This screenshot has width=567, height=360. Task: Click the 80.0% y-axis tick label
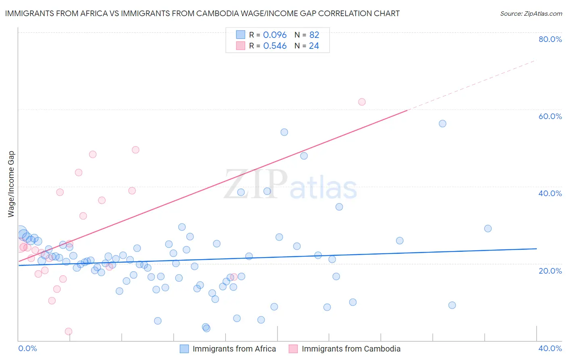pyautogui.click(x=550, y=39)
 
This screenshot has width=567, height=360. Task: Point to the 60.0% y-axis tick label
pyautogui.click(x=550, y=116)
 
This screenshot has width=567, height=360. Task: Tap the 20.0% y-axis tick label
pyautogui.click(x=550, y=271)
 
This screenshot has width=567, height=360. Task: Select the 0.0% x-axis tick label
pyautogui.click(x=28, y=348)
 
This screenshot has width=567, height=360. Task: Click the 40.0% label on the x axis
pyautogui.click(x=550, y=348)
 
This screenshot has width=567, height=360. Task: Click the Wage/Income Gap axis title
pyautogui.click(x=11, y=184)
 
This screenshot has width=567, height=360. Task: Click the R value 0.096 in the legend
pyautogui.click(x=275, y=35)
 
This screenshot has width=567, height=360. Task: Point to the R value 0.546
pyautogui.click(x=275, y=46)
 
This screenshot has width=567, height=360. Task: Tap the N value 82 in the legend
pyautogui.click(x=314, y=35)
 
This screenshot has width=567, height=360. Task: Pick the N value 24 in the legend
pyautogui.click(x=314, y=46)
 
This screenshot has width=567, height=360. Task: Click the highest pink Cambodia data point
pyautogui.click(x=362, y=102)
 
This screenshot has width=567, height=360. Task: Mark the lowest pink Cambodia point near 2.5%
pyautogui.click(x=69, y=331)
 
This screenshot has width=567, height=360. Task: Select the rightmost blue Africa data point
pyautogui.click(x=488, y=228)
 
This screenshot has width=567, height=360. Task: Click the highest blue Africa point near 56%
pyautogui.click(x=442, y=123)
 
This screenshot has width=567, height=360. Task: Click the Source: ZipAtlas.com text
pyautogui.click(x=531, y=14)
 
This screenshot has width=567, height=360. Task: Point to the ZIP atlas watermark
pyautogui.click(x=290, y=185)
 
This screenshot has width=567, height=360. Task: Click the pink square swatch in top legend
pyautogui.click(x=241, y=46)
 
